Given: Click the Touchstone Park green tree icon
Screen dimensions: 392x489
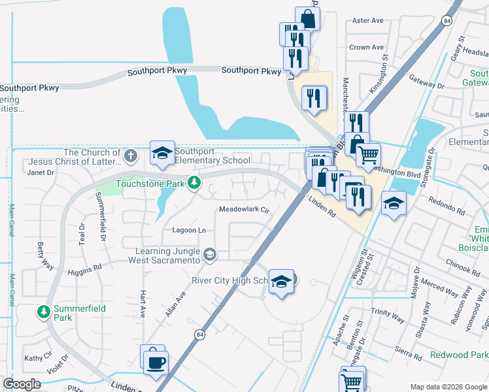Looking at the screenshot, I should [194, 183].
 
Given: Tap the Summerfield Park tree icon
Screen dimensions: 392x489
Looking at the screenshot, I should [44, 312].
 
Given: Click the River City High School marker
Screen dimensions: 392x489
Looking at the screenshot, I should [281, 282].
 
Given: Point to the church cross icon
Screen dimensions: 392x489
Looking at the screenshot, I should [131, 155].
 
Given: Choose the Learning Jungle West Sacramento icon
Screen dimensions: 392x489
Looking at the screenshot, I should [210, 254].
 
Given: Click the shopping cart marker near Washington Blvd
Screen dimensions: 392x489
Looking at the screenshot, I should [368, 155].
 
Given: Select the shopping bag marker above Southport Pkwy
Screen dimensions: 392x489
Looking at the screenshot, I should [308, 18].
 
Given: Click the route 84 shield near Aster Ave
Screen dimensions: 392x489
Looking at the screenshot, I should [446, 21].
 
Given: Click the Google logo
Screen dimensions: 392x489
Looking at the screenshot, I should [22, 384].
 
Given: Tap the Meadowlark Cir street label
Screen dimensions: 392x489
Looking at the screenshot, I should [244, 210].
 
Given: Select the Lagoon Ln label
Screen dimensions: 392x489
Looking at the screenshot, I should [189, 230].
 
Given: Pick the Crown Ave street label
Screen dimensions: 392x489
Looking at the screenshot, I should [366, 48].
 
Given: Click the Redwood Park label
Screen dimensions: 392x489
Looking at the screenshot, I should [459, 355].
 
